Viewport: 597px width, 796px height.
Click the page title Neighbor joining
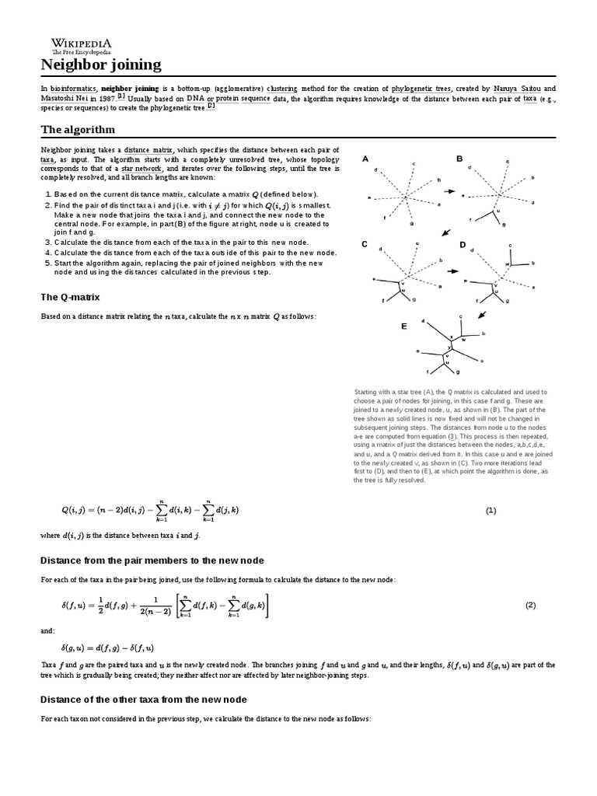pyautogui.click(x=101, y=65)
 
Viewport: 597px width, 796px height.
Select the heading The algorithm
pyautogui.click(x=78, y=129)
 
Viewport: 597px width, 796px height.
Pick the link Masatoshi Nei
pyautogui.click(x=68, y=99)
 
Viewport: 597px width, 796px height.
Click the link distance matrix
pyautogui.click(x=148, y=149)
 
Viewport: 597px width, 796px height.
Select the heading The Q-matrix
pyautogui.click(x=70, y=297)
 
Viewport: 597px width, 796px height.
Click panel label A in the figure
pyautogui.click(x=365, y=159)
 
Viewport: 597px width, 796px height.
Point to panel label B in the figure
pyautogui.click(x=459, y=159)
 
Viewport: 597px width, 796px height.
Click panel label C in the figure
pyautogui.click(x=365, y=244)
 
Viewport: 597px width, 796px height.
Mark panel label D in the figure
pyautogui.click(x=463, y=244)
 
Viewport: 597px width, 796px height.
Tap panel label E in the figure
pyautogui.click(x=403, y=327)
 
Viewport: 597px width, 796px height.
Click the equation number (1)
pyautogui.click(x=491, y=511)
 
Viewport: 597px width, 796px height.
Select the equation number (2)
pyautogui.click(x=531, y=605)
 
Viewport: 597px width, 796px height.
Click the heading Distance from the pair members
pyautogui.click(x=152, y=560)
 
